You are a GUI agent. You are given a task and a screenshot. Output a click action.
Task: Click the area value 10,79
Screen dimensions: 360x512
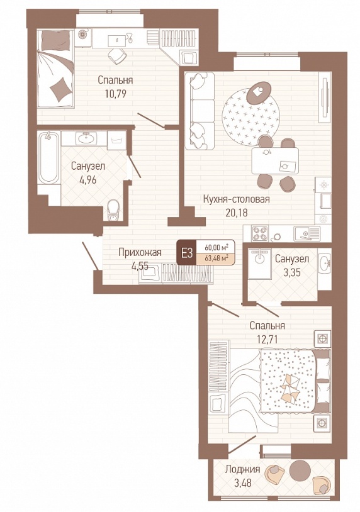(116, 94)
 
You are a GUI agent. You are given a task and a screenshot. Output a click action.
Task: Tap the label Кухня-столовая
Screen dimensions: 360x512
(236, 199)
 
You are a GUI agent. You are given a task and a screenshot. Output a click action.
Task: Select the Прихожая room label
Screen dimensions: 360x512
(140, 252)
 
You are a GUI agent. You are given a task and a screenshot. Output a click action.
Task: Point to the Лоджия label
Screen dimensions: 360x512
(242, 469)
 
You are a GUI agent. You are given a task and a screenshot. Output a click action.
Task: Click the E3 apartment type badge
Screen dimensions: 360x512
(187, 253)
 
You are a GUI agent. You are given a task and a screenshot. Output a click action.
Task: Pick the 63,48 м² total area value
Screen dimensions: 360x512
(216, 259)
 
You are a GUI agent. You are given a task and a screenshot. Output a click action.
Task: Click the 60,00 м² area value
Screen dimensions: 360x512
(216, 247)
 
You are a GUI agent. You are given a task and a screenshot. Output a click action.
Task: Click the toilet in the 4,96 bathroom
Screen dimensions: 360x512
(113, 210)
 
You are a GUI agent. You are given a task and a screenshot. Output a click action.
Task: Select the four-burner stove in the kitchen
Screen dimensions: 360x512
(260, 233)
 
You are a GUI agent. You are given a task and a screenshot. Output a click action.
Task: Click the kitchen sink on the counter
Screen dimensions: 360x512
(307, 233)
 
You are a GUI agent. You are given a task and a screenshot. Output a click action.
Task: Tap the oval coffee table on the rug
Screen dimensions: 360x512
(259, 91)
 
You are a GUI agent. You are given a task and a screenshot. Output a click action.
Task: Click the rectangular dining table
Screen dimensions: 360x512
(275, 160)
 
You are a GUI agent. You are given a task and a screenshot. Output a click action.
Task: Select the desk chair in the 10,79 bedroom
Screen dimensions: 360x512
(116, 56)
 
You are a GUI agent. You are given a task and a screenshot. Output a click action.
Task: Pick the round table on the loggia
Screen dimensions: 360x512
(300, 470)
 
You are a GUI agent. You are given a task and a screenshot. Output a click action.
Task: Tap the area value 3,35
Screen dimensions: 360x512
(292, 272)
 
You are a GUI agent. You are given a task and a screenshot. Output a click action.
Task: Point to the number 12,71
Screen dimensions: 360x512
(267, 339)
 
